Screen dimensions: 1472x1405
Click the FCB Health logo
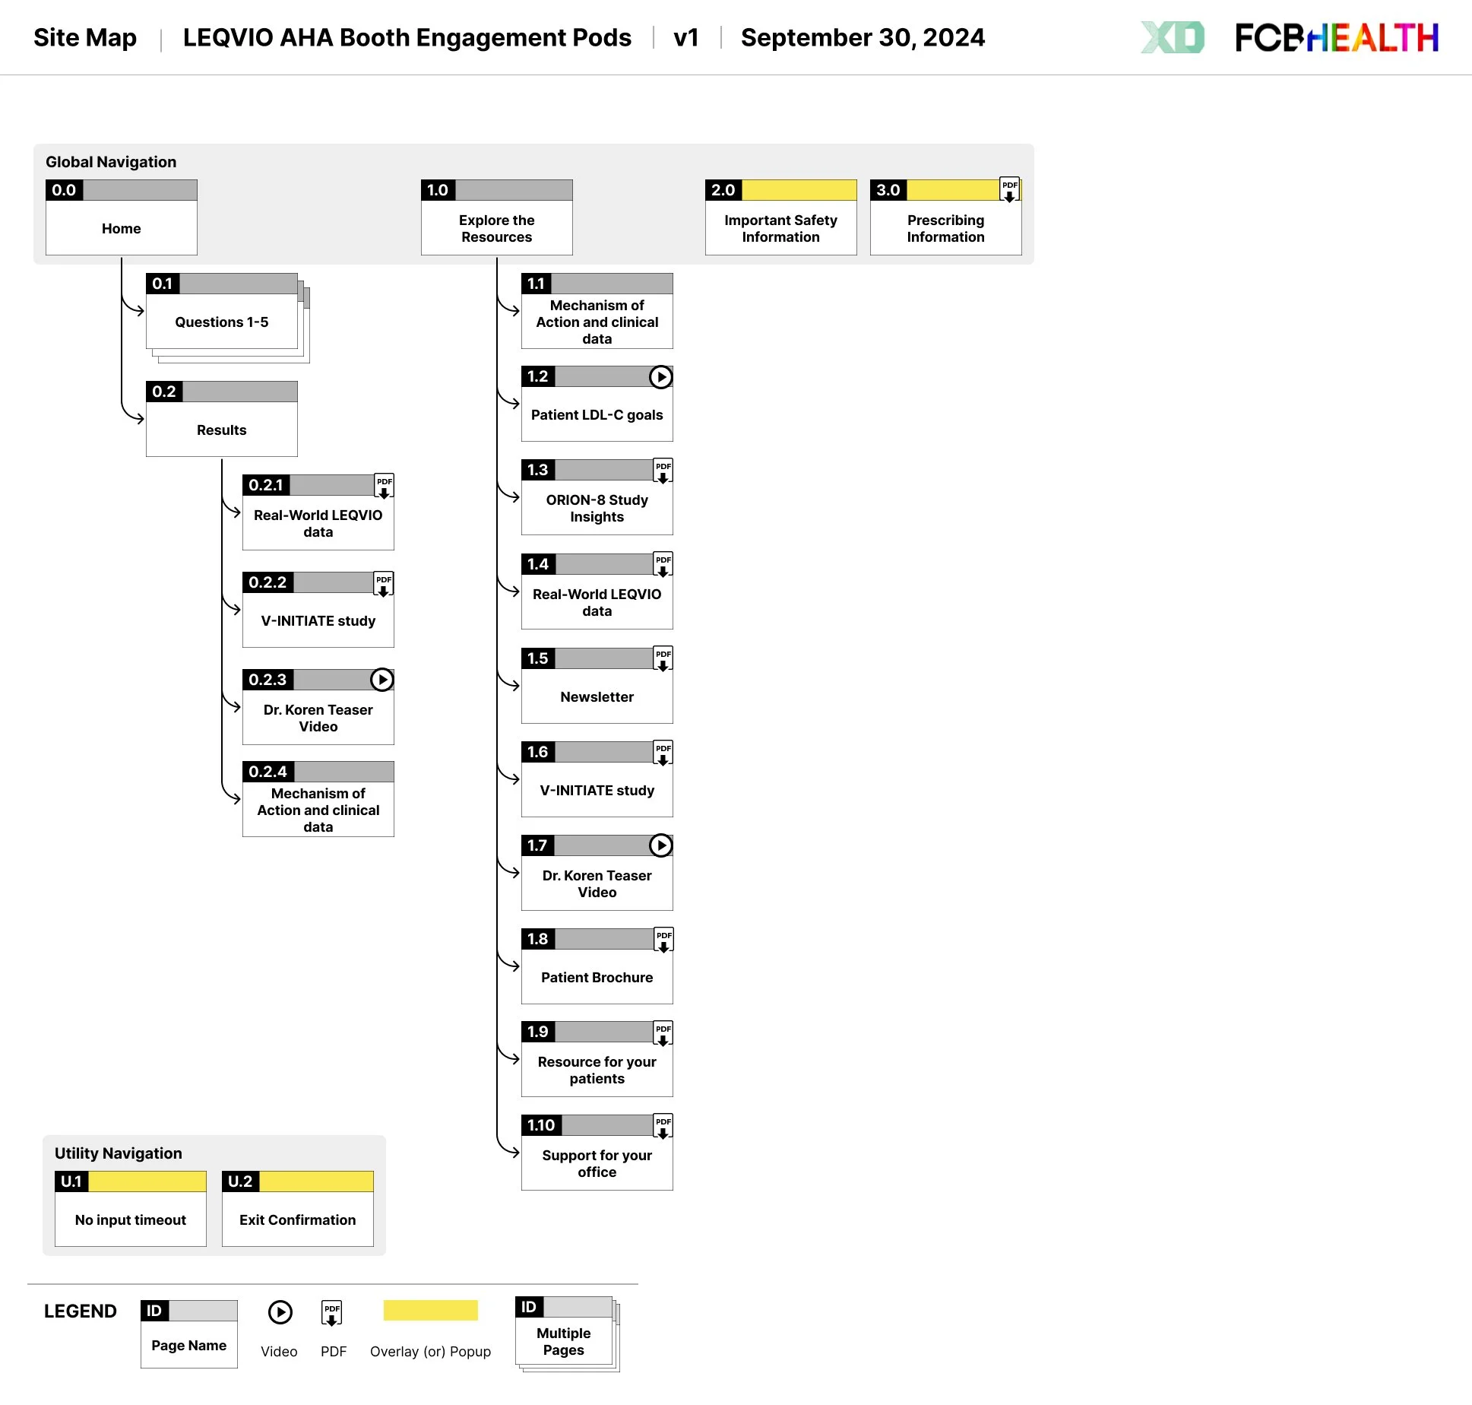pos(1336,38)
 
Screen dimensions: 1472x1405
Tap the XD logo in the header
pos(1173,37)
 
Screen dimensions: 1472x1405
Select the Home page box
pos(122,227)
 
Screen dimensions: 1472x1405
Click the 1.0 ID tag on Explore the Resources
pos(438,190)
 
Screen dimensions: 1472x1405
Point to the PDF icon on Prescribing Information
pos(1009,189)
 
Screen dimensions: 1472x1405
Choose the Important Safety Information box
pos(780,227)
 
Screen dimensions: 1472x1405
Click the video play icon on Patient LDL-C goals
pos(661,376)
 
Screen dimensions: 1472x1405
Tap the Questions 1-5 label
pos(221,322)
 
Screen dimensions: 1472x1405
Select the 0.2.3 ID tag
pos(267,680)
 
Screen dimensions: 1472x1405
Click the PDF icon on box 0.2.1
pos(385,486)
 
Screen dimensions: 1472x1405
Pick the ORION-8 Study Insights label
pos(597,508)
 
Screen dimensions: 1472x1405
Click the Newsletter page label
pos(597,696)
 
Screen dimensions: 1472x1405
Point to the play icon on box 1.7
pos(661,845)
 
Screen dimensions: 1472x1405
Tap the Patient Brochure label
pos(597,977)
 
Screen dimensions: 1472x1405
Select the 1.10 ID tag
pos(541,1125)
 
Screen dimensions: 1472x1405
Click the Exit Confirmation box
pos(297,1219)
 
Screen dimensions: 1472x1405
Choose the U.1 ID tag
pos(71,1181)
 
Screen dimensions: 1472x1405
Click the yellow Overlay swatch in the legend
pos(430,1310)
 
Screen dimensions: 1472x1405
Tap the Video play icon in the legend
pos(280,1312)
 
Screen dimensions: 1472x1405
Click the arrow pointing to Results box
pos(138,417)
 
